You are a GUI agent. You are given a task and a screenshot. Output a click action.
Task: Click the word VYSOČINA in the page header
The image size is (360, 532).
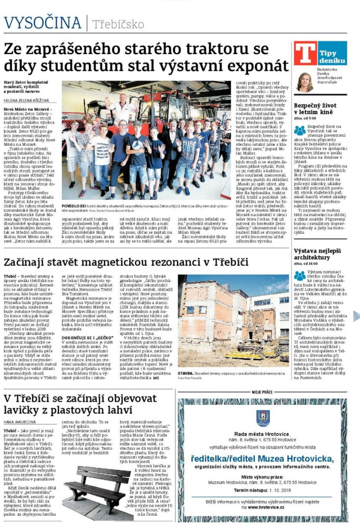(42, 23)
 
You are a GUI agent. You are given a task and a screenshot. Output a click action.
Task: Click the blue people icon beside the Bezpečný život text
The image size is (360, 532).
(300, 131)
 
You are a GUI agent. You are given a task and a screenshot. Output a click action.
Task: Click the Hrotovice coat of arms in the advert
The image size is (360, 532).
(263, 417)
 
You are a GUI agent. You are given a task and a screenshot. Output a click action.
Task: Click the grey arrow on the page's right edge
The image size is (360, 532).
(355, 316)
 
